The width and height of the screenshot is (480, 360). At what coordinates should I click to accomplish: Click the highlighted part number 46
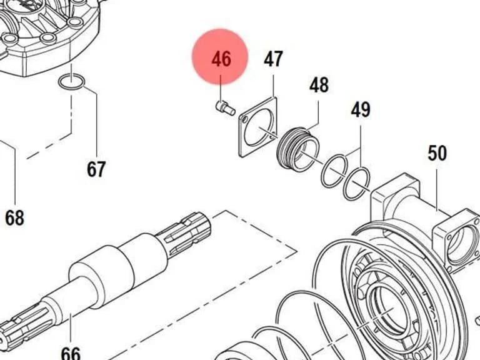click(x=221, y=59)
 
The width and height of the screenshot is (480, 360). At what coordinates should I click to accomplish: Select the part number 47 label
click(x=273, y=59)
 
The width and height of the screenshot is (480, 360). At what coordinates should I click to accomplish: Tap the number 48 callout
click(x=319, y=85)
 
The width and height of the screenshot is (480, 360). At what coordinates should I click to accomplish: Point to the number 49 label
click(x=361, y=109)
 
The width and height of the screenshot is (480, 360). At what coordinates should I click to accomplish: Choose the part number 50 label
click(x=437, y=153)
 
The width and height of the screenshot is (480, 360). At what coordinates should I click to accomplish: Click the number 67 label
click(x=96, y=169)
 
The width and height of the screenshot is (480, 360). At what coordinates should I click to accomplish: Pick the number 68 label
click(x=14, y=217)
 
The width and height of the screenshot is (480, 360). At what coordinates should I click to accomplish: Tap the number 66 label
click(x=71, y=353)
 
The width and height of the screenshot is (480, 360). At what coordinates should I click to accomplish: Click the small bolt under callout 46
click(x=225, y=107)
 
